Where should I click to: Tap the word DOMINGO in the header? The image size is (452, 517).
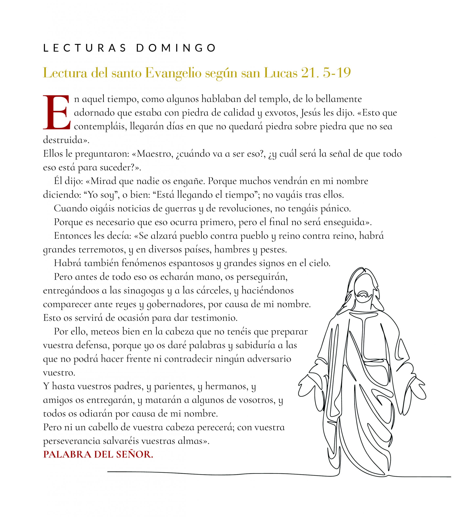coord(176,48)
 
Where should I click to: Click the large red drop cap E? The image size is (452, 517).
coord(56,113)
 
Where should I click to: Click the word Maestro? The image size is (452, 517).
coord(155,154)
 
